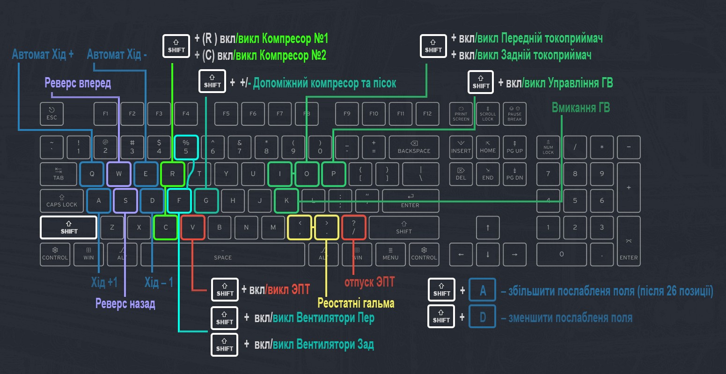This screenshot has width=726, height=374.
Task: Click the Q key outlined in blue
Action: click(92, 174)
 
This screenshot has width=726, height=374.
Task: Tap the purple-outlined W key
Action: click(119, 174)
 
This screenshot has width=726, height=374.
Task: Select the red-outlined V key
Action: click(193, 228)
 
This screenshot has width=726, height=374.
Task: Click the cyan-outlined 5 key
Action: click(186, 147)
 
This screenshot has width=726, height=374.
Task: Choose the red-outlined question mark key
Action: click(353, 228)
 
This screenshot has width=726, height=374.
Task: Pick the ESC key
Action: click(51, 114)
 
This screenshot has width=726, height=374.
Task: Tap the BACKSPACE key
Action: click(414, 147)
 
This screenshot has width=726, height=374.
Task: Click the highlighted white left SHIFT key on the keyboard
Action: click(69, 228)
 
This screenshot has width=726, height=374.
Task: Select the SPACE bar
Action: click(223, 254)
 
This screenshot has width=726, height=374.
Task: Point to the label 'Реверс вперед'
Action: click(78, 83)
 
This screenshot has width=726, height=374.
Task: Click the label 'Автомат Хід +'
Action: click(43, 54)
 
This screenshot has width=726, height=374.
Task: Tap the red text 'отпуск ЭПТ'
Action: click(369, 282)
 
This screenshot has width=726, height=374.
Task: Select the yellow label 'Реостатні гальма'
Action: click(356, 303)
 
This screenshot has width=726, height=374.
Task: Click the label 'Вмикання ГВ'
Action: click(580, 108)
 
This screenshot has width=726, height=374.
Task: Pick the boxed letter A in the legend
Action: click(483, 291)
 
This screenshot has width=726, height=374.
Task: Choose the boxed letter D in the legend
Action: click(483, 317)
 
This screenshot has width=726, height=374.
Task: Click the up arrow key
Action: click(488, 228)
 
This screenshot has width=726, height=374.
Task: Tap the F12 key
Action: click(427, 114)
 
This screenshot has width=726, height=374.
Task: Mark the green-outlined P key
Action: click(334, 174)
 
